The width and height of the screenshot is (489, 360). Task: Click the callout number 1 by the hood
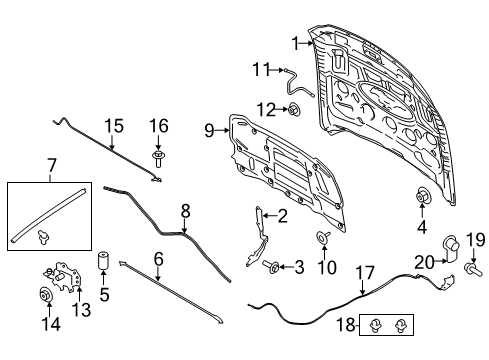tap(296, 43)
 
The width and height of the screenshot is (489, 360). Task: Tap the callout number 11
tap(262, 69)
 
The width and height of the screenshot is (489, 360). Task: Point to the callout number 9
tap(210, 130)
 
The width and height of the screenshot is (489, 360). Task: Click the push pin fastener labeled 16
tap(158, 158)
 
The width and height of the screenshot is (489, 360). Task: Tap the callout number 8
tap(184, 211)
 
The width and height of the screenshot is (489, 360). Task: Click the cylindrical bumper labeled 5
tap(102, 261)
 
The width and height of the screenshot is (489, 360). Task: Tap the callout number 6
tap(158, 257)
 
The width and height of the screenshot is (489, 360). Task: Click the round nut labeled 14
tap(44, 296)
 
